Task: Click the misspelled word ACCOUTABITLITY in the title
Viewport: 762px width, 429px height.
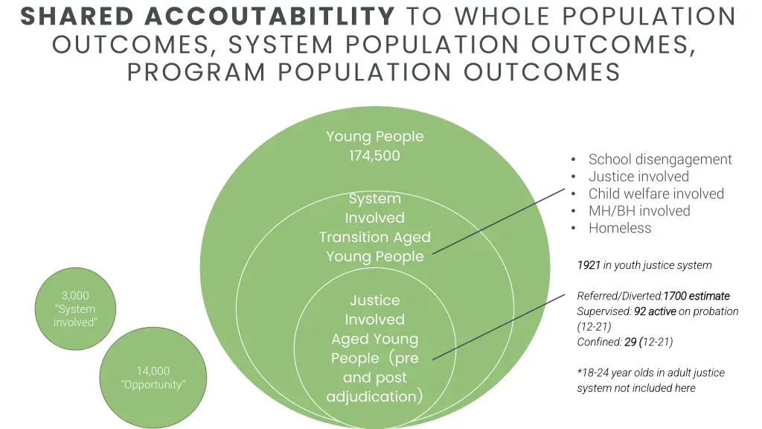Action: (270, 16)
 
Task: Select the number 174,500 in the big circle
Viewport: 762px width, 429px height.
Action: (374, 156)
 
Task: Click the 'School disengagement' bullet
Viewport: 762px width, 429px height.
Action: (660, 159)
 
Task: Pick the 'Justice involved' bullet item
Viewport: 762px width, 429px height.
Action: (638, 177)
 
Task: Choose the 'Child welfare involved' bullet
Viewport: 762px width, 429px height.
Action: (656, 194)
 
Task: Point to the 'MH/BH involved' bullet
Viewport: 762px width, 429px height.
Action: (639, 211)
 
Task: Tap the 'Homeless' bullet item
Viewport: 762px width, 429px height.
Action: (620, 228)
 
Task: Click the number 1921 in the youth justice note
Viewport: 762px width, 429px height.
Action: (589, 265)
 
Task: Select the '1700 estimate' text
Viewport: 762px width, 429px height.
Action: (697, 296)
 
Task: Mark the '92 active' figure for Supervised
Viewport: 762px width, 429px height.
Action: (655, 312)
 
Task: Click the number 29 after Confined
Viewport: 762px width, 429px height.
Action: (630, 343)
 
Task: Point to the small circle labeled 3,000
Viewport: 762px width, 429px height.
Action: (75, 308)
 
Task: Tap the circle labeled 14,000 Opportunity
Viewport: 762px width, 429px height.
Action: (153, 378)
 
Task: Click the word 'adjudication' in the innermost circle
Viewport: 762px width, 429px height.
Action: (372, 396)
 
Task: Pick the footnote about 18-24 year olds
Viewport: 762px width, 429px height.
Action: (640, 380)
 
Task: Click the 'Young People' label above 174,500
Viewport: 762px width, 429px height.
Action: (374, 136)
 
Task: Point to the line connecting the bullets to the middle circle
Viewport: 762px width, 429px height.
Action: (499, 221)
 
